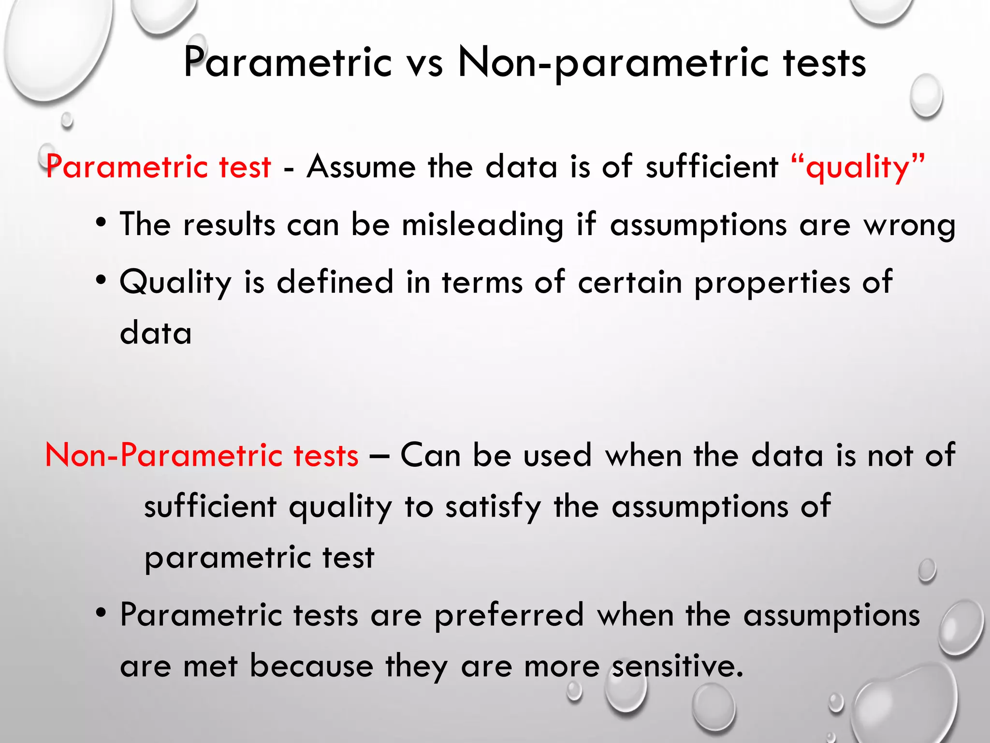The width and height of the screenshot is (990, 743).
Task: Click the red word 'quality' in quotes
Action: point(858,167)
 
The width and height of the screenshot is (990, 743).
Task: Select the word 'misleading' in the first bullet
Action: point(482,225)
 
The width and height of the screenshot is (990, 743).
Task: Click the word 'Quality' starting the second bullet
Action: point(175,282)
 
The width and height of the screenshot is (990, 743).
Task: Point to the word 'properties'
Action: point(772,282)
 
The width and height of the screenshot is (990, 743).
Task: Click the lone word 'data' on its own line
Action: point(156,333)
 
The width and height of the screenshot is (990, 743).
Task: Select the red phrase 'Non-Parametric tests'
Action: point(202,455)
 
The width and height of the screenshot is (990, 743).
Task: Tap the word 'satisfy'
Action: point(493,506)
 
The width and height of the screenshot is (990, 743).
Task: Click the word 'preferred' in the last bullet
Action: point(509,615)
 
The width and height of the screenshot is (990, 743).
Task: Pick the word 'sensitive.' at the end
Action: point(677,666)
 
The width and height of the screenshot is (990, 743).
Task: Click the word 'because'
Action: point(311,666)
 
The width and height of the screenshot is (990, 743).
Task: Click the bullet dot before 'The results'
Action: point(101,223)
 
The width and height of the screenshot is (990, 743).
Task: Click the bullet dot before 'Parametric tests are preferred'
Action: point(101,613)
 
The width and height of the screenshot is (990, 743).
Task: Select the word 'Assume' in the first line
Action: point(361,167)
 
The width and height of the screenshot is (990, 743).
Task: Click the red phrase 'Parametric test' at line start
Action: point(159,167)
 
